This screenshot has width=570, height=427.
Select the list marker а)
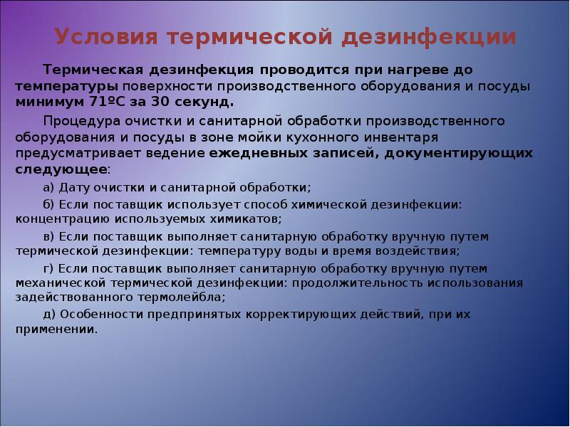click(x=49, y=187)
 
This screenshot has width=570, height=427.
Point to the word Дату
click(x=76, y=187)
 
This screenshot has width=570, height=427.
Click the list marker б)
click(x=49, y=205)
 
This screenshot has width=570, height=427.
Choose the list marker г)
click(x=48, y=268)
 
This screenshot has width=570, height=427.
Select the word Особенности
click(x=93, y=314)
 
